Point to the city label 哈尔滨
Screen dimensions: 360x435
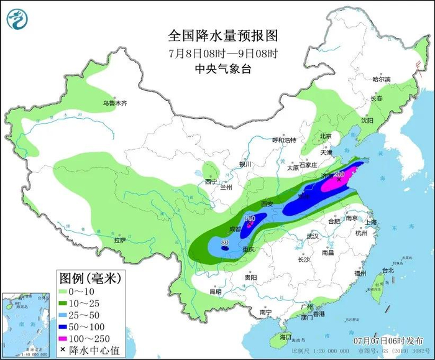(x=381, y=80)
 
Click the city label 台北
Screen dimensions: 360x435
(x=388, y=270)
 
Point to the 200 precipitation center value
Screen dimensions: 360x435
(x=339, y=174)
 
